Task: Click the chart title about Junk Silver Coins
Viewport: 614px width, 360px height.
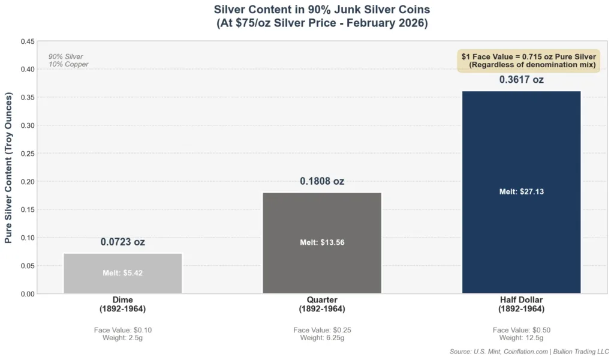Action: (x=322, y=16)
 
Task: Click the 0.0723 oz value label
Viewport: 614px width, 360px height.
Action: (x=122, y=242)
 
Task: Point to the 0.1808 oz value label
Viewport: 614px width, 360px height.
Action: (x=322, y=181)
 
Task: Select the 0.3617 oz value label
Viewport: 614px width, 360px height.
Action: (x=521, y=80)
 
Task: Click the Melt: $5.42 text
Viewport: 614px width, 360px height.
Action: (x=122, y=273)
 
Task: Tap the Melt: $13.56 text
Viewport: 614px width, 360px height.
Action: (x=322, y=242)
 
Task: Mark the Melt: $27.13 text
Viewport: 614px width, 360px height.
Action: (x=521, y=192)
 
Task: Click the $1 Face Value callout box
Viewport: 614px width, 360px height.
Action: (x=528, y=61)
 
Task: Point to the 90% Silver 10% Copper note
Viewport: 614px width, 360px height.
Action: (x=68, y=61)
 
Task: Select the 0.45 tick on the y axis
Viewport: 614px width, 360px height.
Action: (x=26, y=41)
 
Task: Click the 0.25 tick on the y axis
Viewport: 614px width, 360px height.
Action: (x=26, y=154)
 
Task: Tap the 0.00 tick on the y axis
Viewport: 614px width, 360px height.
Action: (x=26, y=294)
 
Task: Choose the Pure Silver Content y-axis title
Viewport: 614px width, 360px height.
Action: (x=8, y=167)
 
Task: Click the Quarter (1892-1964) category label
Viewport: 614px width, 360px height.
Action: (x=322, y=304)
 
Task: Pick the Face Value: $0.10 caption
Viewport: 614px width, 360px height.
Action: (x=122, y=330)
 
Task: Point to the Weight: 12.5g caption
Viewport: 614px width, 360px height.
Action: (x=521, y=338)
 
